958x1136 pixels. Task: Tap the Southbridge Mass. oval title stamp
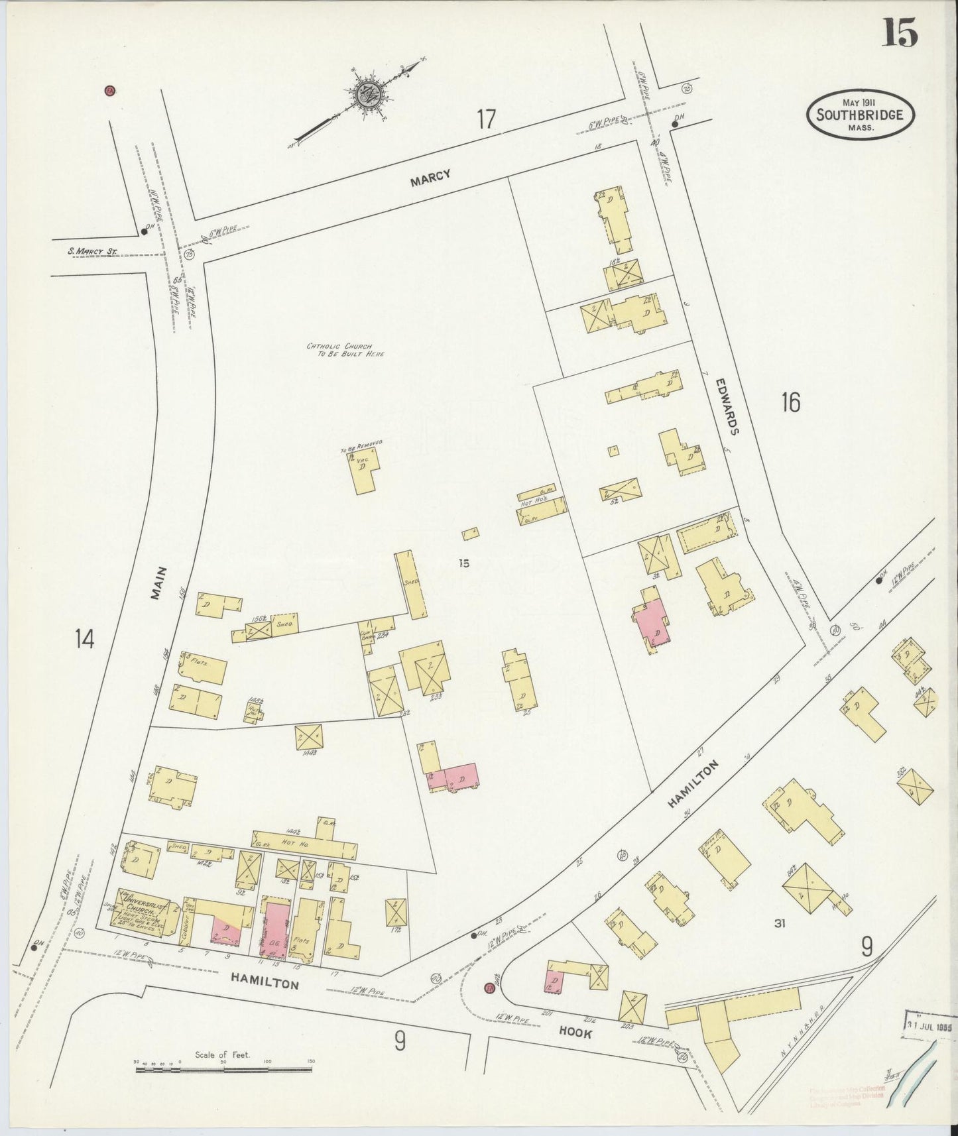859,115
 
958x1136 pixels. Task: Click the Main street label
156,583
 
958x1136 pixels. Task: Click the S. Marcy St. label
92,251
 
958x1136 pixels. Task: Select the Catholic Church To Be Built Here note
345,349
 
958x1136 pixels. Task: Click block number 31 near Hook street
779,923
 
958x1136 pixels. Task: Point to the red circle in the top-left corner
110,91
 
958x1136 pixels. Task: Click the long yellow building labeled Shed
411,584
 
